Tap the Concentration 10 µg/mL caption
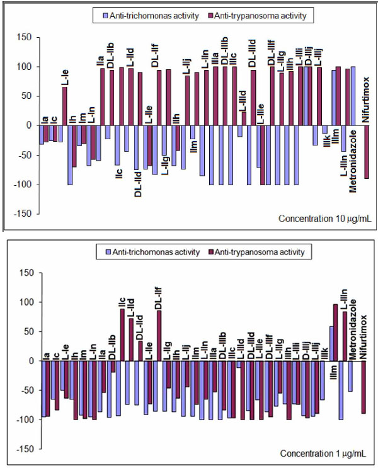(324, 219)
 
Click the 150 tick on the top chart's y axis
(23, 38)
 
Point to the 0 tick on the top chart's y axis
(28, 125)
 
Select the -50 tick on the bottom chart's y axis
(24, 391)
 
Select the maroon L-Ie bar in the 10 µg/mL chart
(64, 106)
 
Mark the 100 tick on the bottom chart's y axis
(24, 302)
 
